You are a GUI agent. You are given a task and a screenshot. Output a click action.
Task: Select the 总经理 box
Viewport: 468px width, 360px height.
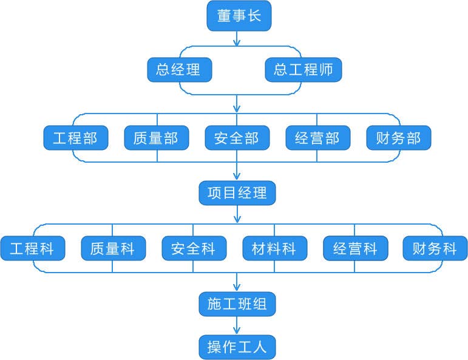pyautogui.click(x=180, y=69)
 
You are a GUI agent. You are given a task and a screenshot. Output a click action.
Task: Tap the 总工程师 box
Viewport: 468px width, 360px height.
pyautogui.click(x=303, y=69)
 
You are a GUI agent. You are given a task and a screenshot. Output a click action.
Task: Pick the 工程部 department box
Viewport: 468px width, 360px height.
pyautogui.click(x=75, y=138)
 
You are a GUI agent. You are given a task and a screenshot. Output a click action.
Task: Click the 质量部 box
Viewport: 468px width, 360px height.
pyautogui.click(x=156, y=138)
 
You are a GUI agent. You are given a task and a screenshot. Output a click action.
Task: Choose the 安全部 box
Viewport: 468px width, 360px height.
pyautogui.click(x=237, y=138)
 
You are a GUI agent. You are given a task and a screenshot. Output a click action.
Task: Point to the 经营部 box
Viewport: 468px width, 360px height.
pyautogui.click(x=317, y=138)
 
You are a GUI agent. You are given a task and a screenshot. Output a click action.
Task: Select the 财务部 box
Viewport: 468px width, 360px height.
pyautogui.click(x=398, y=138)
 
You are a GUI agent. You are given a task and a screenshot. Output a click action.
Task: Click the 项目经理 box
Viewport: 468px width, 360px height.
pyautogui.click(x=237, y=193)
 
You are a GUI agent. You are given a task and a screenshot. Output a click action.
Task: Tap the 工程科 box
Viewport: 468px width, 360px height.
pyautogui.click(x=32, y=248)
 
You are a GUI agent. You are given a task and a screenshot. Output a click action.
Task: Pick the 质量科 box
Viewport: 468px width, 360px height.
pyautogui.click(x=113, y=248)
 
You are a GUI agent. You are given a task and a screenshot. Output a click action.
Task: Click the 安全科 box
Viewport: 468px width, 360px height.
pyautogui.click(x=194, y=248)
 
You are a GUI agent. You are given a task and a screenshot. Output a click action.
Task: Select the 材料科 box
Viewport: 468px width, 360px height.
pyautogui.click(x=274, y=248)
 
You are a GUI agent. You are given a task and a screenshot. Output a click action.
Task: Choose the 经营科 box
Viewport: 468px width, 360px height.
pyautogui.click(x=355, y=248)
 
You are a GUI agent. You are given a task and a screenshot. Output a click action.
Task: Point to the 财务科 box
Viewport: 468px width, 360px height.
pyautogui.click(x=435, y=248)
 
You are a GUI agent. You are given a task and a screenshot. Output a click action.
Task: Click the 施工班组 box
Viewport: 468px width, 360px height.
pyautogui.click(x=237, y=304)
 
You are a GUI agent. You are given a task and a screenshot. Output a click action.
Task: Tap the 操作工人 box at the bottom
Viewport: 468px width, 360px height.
pyautogui.click(x=237, y=347)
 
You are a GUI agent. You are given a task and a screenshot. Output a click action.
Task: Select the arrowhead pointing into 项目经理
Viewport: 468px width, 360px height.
pyautogui.click(x=237, y=177)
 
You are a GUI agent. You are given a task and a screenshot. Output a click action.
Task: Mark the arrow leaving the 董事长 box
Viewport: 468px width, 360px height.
pyautogui.click(x=237, y=38)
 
